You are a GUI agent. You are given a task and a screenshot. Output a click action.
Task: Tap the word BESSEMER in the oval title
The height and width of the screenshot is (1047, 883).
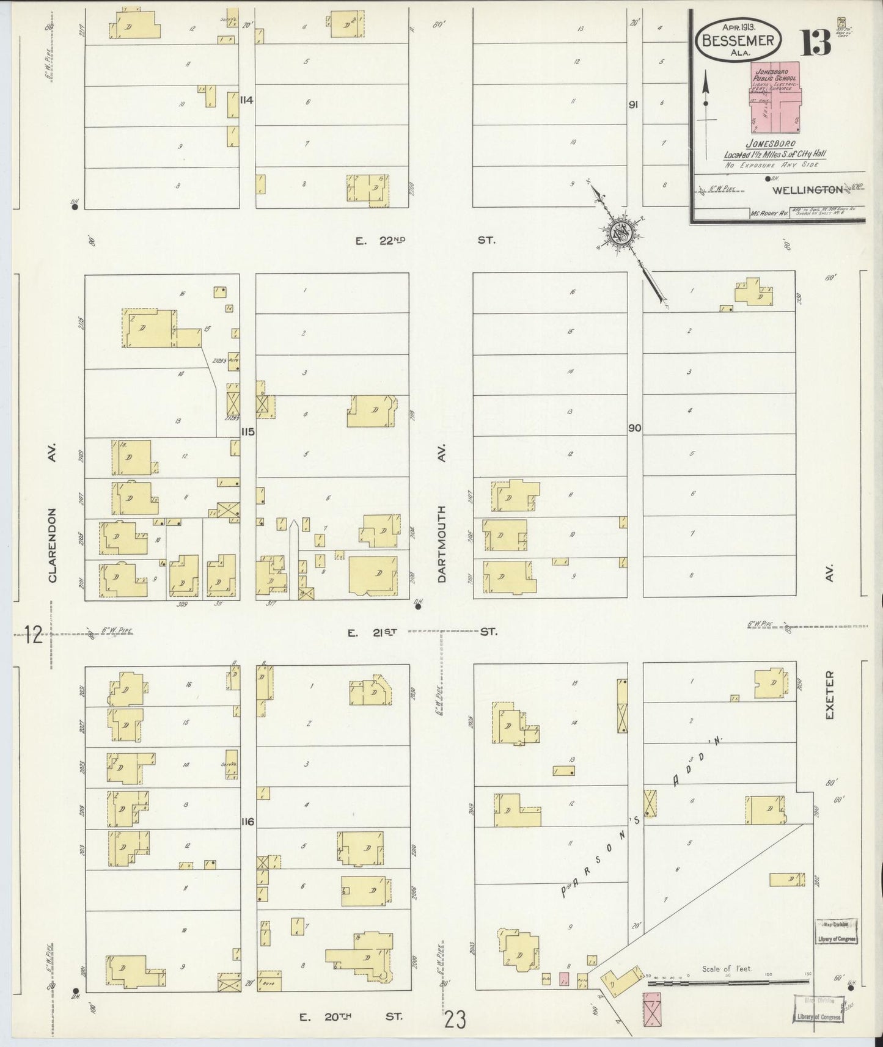(x=739, y=41)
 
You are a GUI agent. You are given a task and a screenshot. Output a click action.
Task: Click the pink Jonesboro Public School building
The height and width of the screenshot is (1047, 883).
(x=775, y=98)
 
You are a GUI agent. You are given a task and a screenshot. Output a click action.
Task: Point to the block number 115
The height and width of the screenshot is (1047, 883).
(x=247, y=432)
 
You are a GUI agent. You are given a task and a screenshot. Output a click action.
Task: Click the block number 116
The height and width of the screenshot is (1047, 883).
(x=247, y=822)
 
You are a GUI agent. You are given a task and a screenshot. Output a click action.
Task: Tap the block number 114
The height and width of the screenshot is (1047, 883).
(x=247, y=100)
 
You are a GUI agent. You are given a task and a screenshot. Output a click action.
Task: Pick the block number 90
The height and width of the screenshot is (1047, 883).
(x=634, y=428)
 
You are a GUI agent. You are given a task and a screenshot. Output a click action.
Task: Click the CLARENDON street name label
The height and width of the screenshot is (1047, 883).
(x=53, y=545)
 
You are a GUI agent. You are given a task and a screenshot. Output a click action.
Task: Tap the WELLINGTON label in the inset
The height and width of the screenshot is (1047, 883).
(x=807, y=191)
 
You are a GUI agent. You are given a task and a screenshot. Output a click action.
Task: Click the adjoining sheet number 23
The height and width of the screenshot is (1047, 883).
(x=456, y=1019)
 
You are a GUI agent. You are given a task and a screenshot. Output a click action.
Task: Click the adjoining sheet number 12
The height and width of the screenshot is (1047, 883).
(x=34, y=635)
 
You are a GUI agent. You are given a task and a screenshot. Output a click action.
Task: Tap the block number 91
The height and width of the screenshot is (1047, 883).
(x=634, y=105)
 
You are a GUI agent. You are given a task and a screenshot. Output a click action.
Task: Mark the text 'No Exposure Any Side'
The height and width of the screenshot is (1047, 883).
(x=772, y=165)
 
